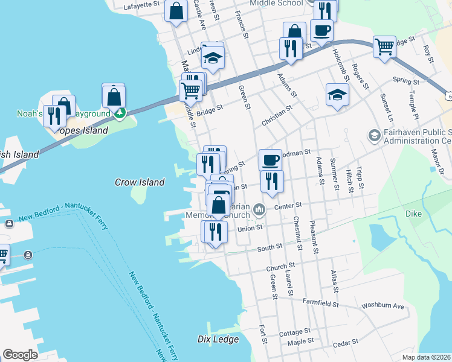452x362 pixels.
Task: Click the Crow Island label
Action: [x=140, y=182]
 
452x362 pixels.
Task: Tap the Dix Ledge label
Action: [x=216, y=339]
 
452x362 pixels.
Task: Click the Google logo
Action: [x=20, y=355]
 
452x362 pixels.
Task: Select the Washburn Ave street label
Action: [x=383, y=306]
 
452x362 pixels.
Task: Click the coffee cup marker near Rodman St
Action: [x=271, y=160]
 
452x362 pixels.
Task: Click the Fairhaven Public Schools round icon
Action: [x=373, y=134]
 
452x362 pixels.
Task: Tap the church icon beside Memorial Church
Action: [x=259, y=210]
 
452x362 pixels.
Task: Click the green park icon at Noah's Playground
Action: [x=120, y=113]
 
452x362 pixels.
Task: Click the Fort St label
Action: [x=263, y=334]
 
